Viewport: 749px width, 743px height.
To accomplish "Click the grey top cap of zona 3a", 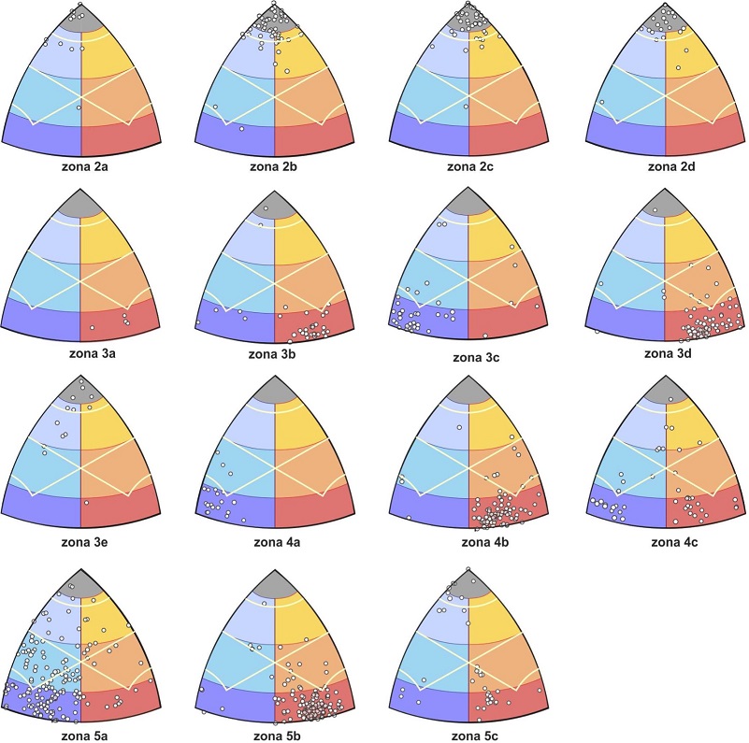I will pos(80,206).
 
